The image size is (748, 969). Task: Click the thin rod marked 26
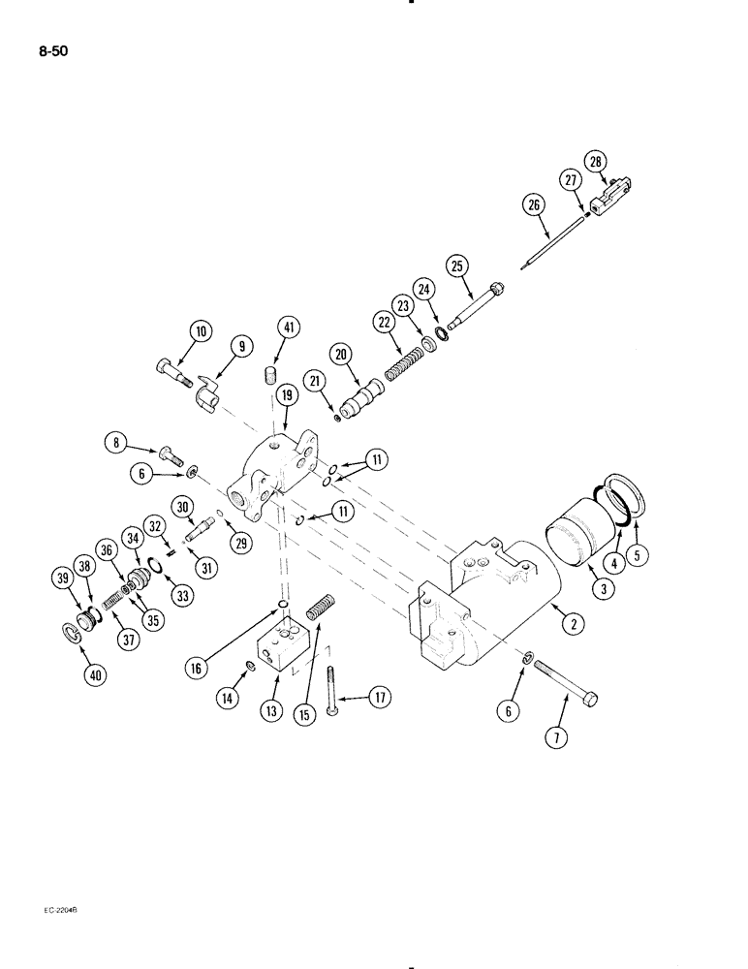pyautogui.click(x=551, y=238)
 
